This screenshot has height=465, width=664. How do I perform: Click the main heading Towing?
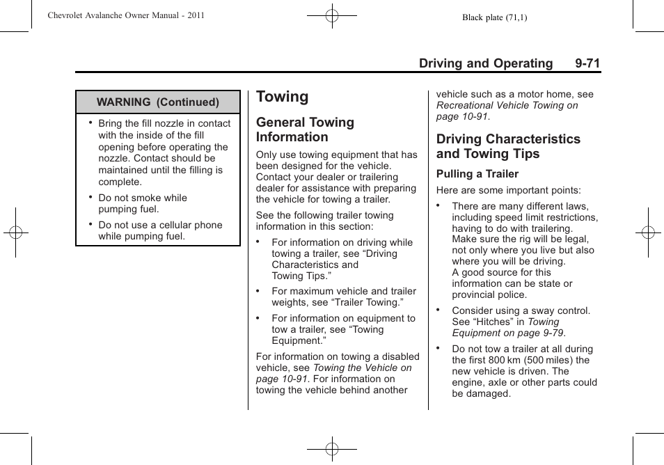282,97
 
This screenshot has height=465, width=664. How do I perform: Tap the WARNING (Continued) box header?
158,102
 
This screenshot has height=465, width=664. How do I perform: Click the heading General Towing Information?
305,129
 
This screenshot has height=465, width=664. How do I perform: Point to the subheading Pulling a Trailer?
477,174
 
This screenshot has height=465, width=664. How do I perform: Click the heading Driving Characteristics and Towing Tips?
508,146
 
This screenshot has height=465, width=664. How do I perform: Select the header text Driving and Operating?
486,63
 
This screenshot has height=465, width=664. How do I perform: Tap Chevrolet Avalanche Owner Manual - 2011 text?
126,15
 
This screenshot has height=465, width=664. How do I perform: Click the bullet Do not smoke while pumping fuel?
142,203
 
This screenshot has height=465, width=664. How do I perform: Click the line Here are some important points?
508,190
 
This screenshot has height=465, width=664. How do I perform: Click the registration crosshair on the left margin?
15,232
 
